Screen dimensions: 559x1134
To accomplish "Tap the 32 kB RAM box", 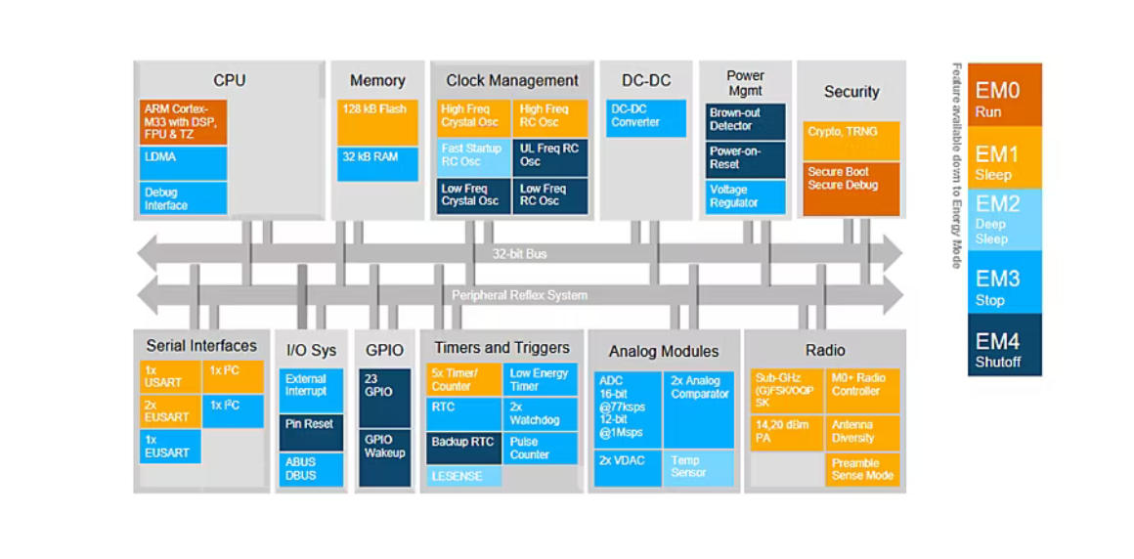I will (x=377, y=163).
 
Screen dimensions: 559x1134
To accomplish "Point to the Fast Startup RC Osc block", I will (x=472, y=157).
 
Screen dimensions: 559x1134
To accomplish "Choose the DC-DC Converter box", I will (x=645, y=117).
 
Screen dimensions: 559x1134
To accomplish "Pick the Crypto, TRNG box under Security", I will (x=850, y=141).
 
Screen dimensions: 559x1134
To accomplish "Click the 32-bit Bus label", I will (x=519, y=254).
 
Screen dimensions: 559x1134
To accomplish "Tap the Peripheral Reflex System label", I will (x=519, y=295).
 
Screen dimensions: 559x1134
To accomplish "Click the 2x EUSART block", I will (x=169, y=410).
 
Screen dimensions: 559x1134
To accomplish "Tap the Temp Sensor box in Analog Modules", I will (x=699, y=467).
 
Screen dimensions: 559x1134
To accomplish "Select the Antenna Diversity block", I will (x=863, y=431).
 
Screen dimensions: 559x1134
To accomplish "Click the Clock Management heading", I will (x=512, y=81).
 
